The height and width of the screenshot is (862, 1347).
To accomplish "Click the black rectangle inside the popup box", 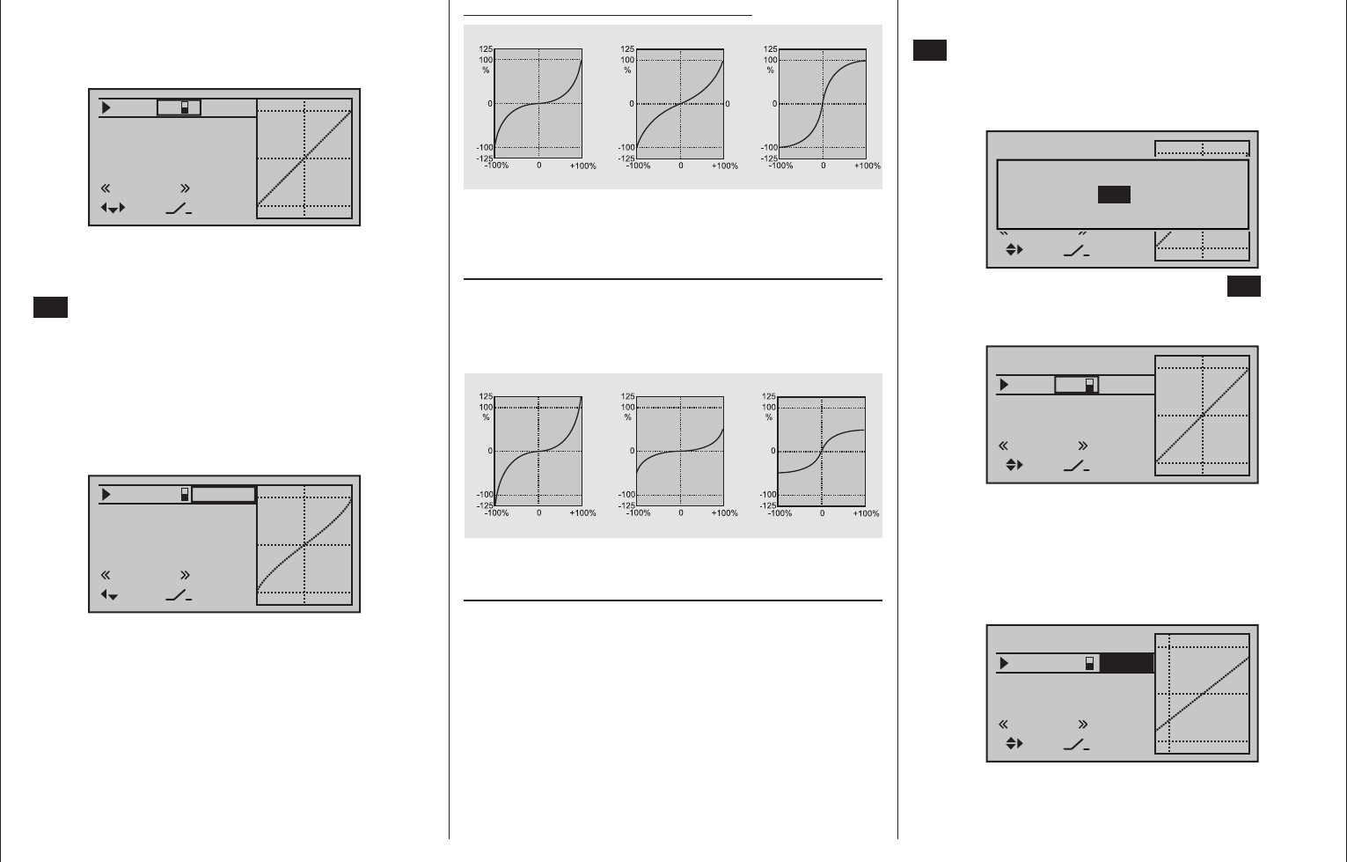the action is pos(1114,195).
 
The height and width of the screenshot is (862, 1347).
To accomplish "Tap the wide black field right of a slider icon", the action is pos(1126,663).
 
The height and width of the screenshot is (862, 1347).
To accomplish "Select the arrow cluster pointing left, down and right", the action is pos(113,209).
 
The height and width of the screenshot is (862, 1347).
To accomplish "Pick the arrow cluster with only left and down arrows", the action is pos(109,595).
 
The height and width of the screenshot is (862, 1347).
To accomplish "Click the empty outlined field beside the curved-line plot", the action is pos(223,495).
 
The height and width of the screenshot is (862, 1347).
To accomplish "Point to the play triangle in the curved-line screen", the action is pos(106,495).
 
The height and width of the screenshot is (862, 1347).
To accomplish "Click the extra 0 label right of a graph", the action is pos(727,104).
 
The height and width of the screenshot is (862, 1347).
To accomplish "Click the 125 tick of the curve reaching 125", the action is pos(486,396).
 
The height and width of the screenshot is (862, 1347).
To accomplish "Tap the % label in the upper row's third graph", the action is pos(771,70).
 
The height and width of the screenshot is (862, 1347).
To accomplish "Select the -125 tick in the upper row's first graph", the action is pos(485,158).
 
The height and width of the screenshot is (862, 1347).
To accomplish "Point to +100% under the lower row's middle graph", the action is pos(725,513).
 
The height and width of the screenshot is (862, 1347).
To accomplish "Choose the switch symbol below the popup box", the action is pos(1076,251).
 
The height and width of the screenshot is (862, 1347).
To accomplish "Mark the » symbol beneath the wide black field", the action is pos(1082,724).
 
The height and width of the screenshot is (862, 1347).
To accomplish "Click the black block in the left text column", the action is pos(50,307).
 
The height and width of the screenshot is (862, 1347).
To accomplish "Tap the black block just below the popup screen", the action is pos(1243,286).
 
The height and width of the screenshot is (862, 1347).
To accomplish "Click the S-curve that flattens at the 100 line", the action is pos(823,104).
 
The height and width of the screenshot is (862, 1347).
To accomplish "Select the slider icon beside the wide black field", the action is pos(1089,663).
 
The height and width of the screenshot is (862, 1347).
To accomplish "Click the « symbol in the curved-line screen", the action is pos(106,575).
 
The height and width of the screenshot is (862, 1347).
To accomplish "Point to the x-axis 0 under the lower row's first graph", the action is pos(538,513).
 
